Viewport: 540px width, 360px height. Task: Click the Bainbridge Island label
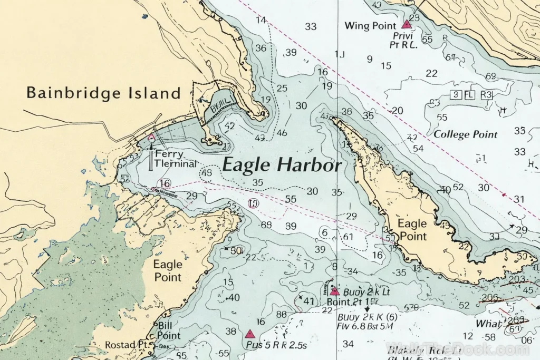[x=103, y=93]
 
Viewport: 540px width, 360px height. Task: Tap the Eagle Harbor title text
[x=282, y=165]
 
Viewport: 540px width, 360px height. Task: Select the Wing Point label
[x=370, y=25]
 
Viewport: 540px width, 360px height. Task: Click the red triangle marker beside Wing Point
[x=406, y=24]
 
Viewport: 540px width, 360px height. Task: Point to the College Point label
[x=466, y=134]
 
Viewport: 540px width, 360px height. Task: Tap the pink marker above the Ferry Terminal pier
[x=151, y=138]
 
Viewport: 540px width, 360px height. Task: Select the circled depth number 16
[x=165, y=183]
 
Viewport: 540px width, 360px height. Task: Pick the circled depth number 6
[x=324, y=232]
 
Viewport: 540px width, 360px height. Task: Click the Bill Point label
[x=169, y=331]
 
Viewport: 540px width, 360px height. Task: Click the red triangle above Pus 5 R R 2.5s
[x=250, y=334]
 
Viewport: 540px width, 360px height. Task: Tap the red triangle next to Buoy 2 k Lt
[x=334, y=291]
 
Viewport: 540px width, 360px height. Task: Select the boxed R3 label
[x=486, y=95]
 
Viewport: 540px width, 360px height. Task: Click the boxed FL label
[x=469, y=95]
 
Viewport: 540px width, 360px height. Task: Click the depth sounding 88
[x=281, y=315]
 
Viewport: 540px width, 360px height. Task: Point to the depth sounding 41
[x=308, y=301]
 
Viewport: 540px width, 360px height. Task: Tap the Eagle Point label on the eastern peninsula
[x=412, y=229]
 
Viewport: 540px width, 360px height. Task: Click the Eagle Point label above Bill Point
[x=168, y=270]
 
